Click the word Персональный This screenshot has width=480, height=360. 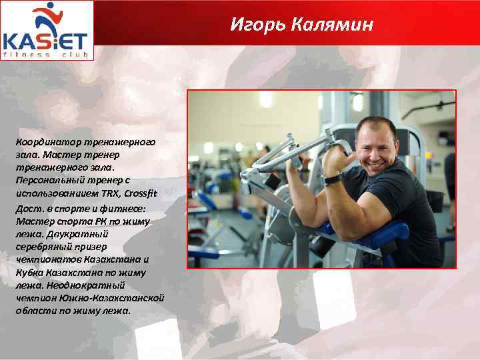tap(48, 180)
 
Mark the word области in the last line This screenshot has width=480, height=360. tap(34, 311)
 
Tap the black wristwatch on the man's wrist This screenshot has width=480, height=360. tap(333, 179)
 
